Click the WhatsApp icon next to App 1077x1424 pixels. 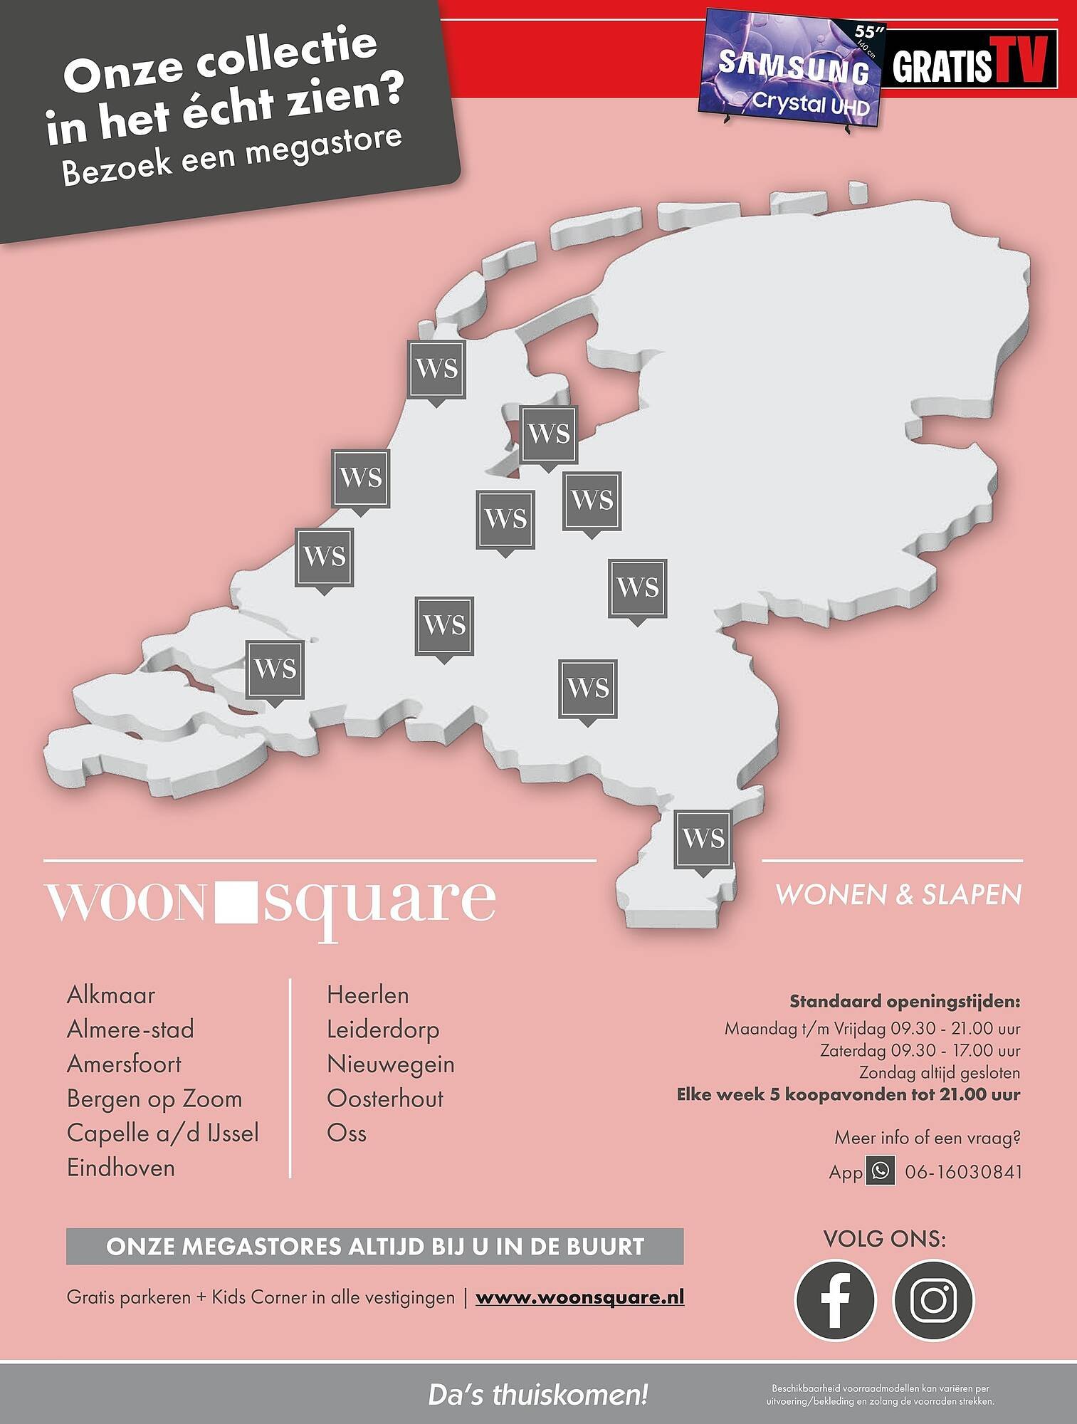click(x=881, y=1171)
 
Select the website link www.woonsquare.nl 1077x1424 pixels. click(x=579, y=1297)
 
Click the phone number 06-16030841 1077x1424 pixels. click(x=963, y=1172)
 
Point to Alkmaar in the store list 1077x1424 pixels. click(x=111, y=995)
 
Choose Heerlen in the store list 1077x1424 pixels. click(x=368, y=995)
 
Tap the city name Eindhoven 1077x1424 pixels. click(x=121, y=1168)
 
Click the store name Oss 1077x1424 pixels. click(x=347, y=1133)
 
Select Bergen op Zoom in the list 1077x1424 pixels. click(x=154, y=1099)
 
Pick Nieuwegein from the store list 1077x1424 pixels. click(x=391, y=1064)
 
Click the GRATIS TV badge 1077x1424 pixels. click(x=970, y=60)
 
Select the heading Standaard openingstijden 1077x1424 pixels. click(x=905, y=1001)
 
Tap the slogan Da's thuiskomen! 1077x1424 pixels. click(x=538, y=1395)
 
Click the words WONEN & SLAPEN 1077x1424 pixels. click(x=898, y=894)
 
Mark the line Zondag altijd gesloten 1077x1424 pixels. click(x=939, y=1072)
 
